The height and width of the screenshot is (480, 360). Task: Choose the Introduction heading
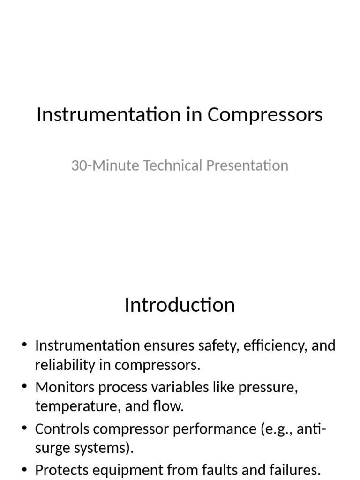pyautogui.click(x=180, y=305)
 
